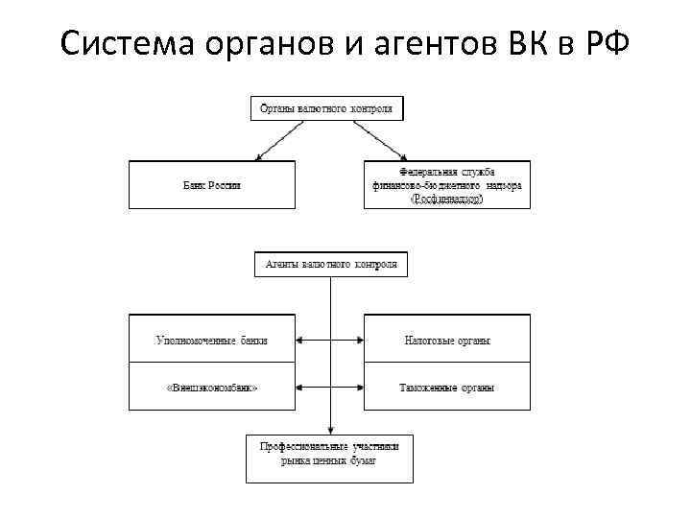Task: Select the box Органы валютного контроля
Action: [327, 107]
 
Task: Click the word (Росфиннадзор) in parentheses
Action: [446, 199]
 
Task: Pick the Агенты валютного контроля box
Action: [331, 265]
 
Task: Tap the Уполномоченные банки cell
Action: [212, 339]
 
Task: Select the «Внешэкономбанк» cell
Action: [212, 388]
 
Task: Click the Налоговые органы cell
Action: [446, 339]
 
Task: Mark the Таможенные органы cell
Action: [446, 388]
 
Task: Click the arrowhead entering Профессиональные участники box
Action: [330, 430]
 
